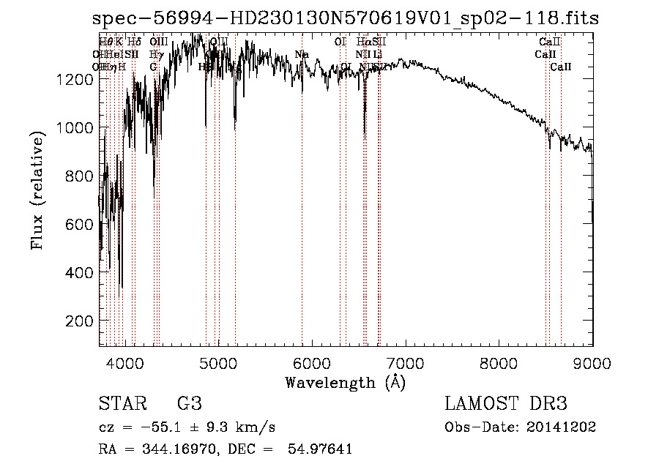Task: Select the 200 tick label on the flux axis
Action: [78, 321]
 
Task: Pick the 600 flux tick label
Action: [78, 224]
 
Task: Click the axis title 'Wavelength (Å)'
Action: [345, 382]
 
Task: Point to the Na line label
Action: [302, 54]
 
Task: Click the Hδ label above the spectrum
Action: [134, 42]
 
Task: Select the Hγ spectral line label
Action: [156, 54]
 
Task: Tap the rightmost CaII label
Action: [561, 67]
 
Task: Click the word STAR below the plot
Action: [120, 404]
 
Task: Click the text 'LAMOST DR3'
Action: [506, 404]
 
